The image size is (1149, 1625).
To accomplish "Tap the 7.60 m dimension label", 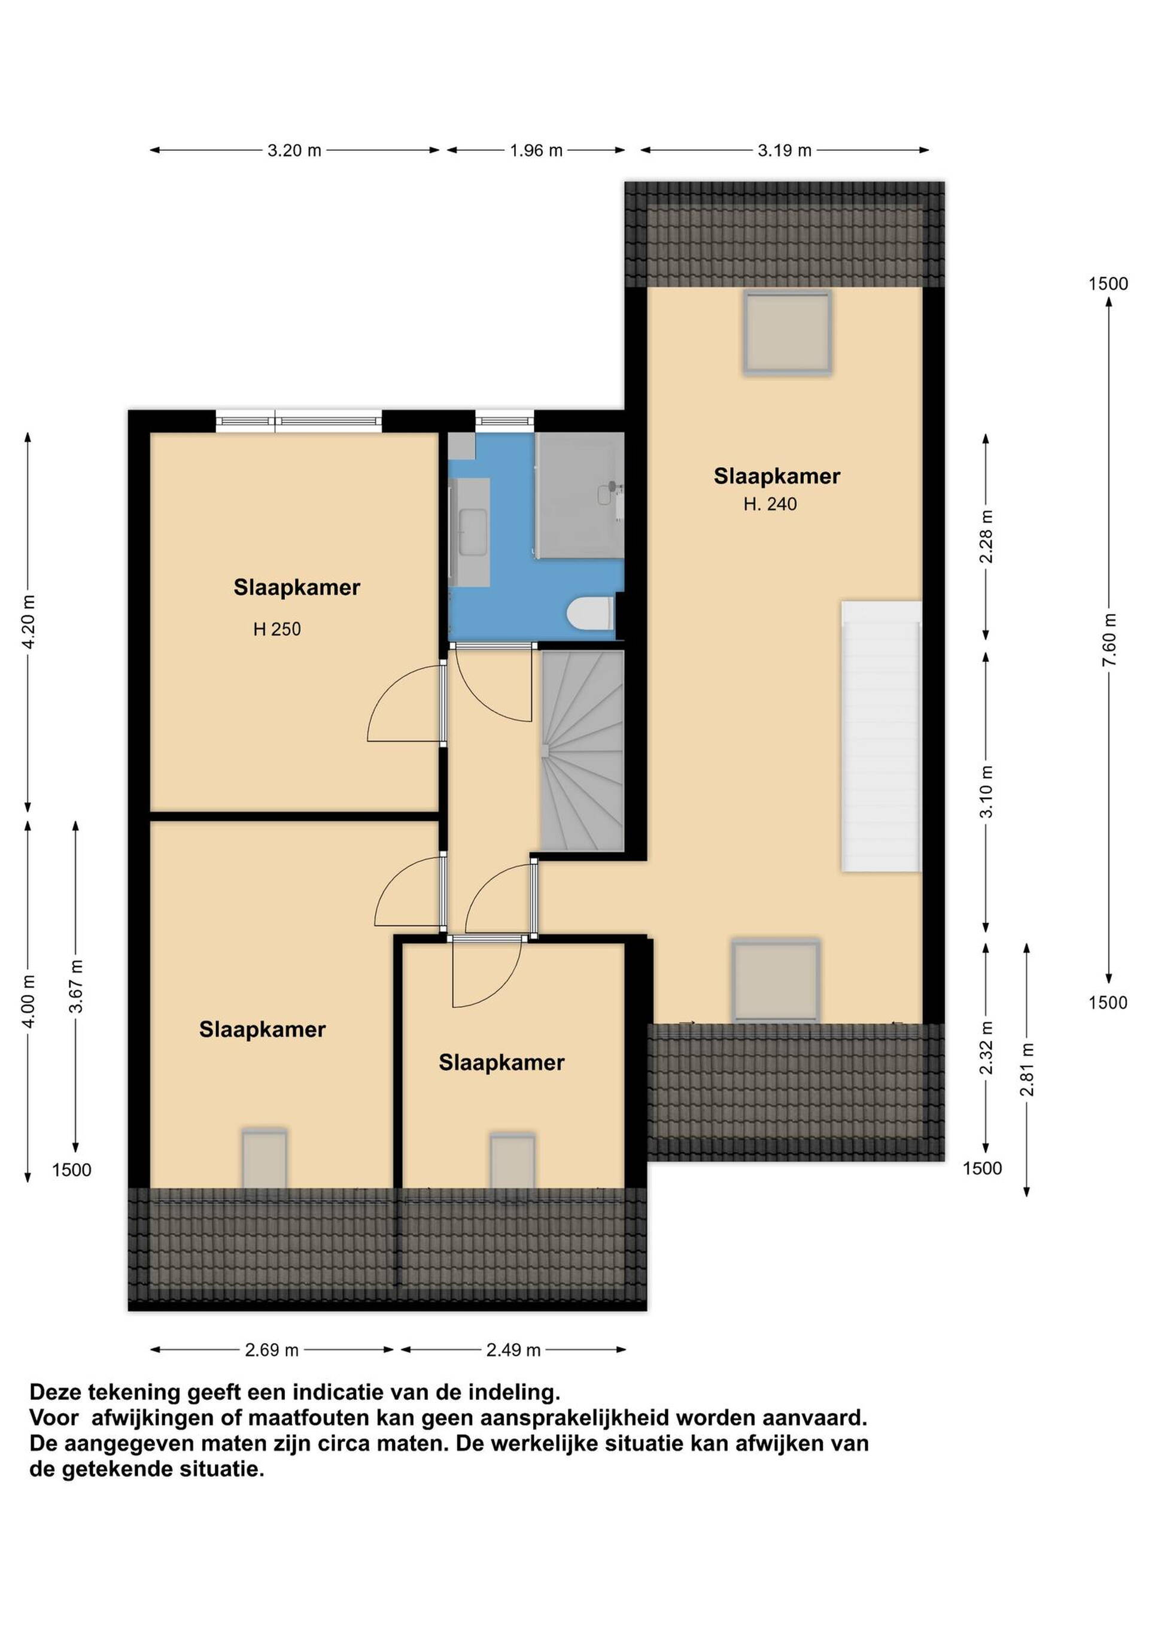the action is coord(1109,640).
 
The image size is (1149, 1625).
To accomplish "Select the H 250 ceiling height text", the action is coord(277,628).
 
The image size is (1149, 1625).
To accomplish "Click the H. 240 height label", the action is coord(770,504).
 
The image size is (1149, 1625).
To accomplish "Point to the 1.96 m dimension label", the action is coord(536,150).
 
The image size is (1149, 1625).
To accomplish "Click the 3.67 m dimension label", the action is coord(76,986).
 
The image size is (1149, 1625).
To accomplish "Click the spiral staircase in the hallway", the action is coord(582,751).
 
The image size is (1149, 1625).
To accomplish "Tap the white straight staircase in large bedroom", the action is coord(881,736).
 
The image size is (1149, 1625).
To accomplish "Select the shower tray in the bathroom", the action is coord(579,496).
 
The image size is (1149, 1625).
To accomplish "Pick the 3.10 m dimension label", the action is coord(986,791).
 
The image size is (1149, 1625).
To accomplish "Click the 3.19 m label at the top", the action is coord(785,150).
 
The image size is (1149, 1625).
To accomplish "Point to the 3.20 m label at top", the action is coord(294,150).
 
